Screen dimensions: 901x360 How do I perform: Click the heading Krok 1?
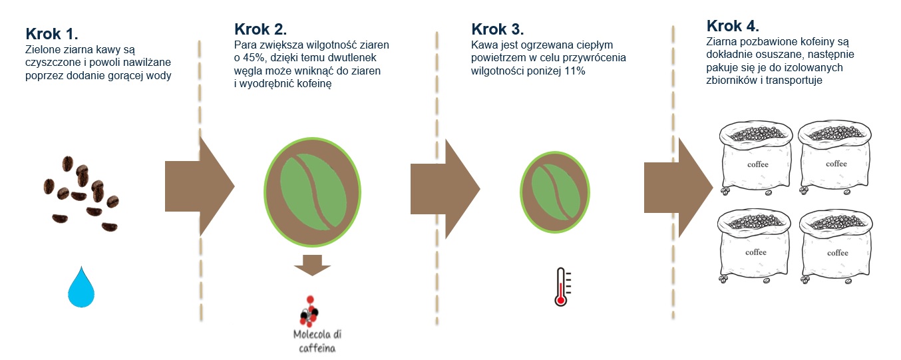point(52,34)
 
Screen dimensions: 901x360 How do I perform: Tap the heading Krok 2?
point(261,29)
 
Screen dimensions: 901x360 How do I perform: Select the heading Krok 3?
point(498,29)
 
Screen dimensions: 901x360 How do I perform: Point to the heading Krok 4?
point(733,26)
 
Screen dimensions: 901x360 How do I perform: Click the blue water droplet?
point(81,287)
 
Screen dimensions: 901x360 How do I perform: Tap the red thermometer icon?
point(562,287)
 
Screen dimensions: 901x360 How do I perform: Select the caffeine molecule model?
point(309,311)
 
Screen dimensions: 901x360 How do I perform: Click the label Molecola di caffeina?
point(317,341)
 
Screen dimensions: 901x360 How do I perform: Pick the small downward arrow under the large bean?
point(312,265)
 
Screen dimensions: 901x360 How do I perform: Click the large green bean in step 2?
point(313,192)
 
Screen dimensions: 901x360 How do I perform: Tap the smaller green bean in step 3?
point(555,192)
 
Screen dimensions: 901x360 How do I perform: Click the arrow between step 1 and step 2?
point(200,186)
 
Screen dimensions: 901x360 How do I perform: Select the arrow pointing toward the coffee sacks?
point(679,188)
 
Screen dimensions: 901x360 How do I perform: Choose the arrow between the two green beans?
point(445,189)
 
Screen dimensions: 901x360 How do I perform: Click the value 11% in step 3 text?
point(575,71)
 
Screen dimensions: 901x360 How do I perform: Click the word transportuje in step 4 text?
point(794,81)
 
